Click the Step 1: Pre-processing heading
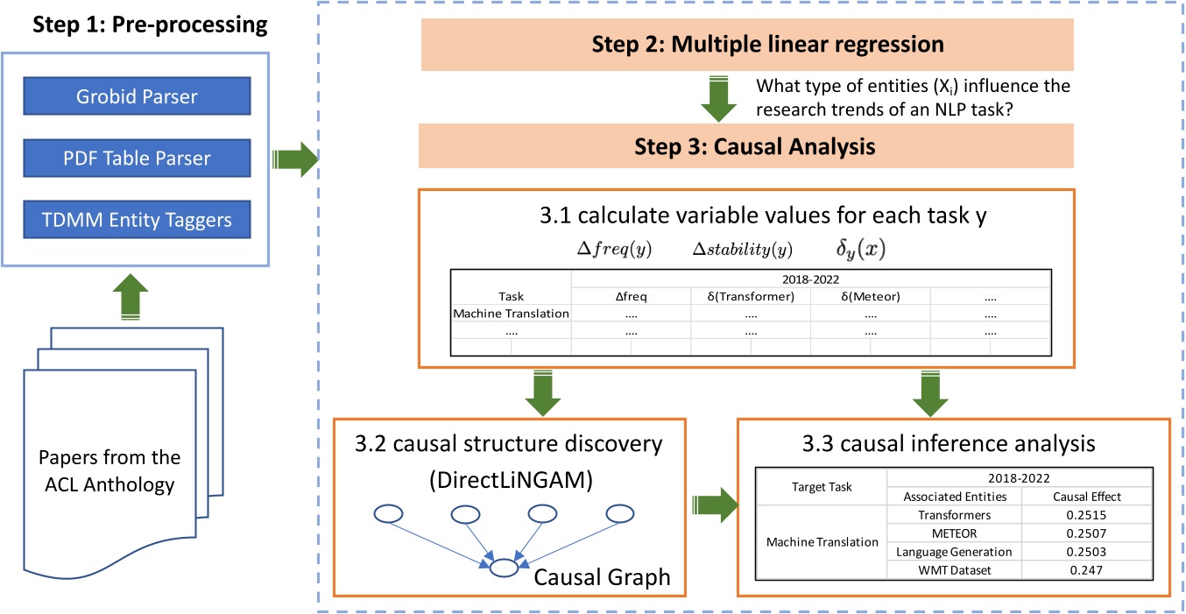tap(150, 25)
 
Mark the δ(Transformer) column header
tap(751, 297)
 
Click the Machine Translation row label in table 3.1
tap(511, 313)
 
